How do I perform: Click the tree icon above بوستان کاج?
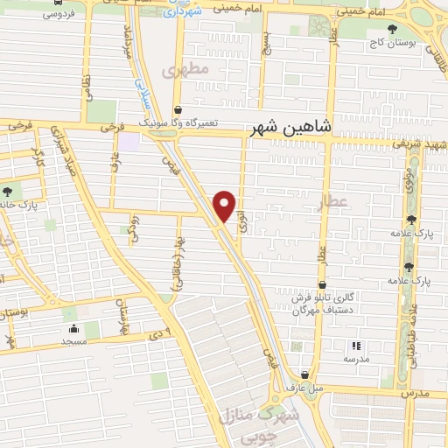pyautogui.click(x=388, y=29)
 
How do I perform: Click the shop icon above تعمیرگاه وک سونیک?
pyautogui.click(x=178, y=109)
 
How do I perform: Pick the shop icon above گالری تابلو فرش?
pyautogui.click(x=323, y=284)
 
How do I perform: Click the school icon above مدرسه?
pyautogui.click(x=356, y=345)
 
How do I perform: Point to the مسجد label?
pyautogui.click(x=73, y=342)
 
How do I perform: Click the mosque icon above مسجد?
pyautogui.click(x=72, y=329)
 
